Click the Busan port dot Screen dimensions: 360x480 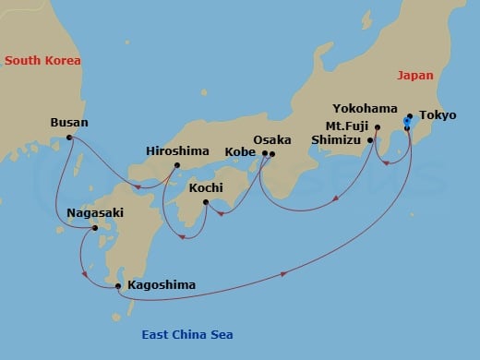[x=70, y=138]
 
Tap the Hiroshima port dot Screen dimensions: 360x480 [x=176, y=166]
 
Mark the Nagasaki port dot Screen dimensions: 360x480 [x=95, y=227]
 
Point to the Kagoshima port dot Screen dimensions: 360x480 [x=118, y=285]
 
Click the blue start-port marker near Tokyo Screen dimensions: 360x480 [x=407, y=122]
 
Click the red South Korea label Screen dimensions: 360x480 [x=42, y=60]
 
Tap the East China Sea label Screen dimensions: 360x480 [x=187, y=334]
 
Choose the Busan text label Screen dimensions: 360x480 [x=70, y=122]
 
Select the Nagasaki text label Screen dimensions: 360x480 [x=95, y=212]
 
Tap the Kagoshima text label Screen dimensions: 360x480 [x=162, y=285]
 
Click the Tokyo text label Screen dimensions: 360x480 [x=437, y=116]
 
